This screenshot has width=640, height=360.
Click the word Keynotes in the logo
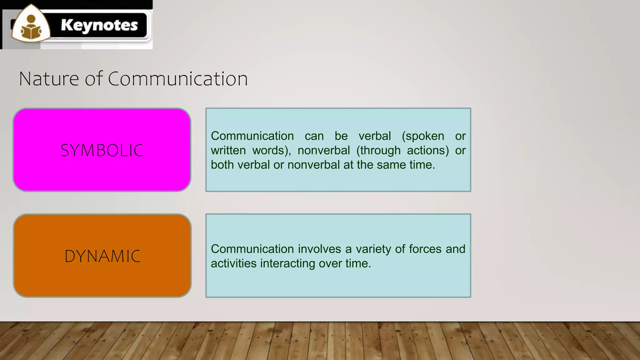coord(99,25)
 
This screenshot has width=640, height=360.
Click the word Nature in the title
coord(49,79)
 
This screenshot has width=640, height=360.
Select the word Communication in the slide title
coord(178,79)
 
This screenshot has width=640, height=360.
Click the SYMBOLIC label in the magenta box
coord(102,150)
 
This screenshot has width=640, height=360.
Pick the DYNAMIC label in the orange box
coord(102,256)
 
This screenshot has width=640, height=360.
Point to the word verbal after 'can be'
coord(375,136)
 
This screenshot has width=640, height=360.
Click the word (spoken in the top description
coord(423,136)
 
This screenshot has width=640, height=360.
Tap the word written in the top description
coord(228,150)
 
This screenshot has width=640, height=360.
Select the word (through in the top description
coord(378,150)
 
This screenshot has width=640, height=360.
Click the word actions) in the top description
coord(428,150)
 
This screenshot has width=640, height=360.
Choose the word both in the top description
coord(222,165)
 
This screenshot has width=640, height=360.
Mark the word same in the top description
coord(391,165)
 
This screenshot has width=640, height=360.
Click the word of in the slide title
coord(93,79)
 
